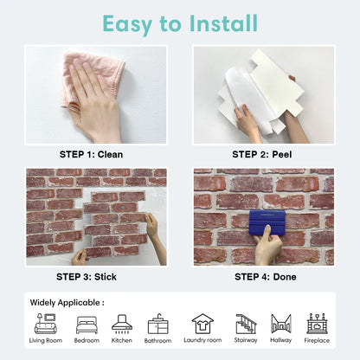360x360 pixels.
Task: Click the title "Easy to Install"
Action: pyautogui.click(x=180, y=22)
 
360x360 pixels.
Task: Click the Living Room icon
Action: pyautogui.click(x=46, y=324)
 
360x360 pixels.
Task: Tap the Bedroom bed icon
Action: pyautogui.click(x=87, y=325)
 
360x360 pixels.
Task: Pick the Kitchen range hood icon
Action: pyautogui.click(x=122, y=324)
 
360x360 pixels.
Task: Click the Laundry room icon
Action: pyautogui.click(x=202, y=324)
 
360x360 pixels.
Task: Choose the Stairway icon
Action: pyautogui.click(x=247, y=324)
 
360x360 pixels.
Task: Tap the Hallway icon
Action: pyautogui.click(x=280, y=324)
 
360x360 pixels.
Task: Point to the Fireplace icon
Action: pyautogui.click(x=317, y=324)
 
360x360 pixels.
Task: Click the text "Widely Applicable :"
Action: pyautogui.click(x=68, y=303)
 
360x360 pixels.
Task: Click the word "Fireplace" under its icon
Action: pyautogui.click(x=317, y=341)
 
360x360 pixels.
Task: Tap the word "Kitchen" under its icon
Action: pyautogui.click(x=122, y=341)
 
